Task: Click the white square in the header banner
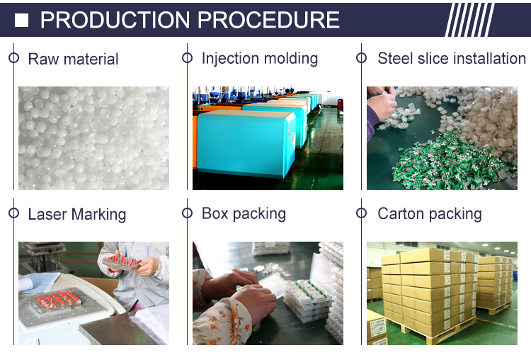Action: tap(21, 20)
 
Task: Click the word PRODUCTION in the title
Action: tap(115, 20)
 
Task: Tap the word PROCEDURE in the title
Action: tap(268, 20)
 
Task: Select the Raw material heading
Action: tap(73, 59)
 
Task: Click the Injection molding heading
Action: tap(260, 58)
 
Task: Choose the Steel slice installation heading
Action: tap(452, 58)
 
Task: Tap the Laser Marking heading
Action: tap(77, 214)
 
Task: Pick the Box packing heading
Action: tap(244, 213)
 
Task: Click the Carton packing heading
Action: tap(430, 213)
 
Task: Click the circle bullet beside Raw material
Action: tap(14, 57)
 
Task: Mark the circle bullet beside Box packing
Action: tap(188, 213)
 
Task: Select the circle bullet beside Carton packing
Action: tap(361, 213)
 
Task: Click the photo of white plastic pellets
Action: tap(93, 138)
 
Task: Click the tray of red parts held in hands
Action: tap(122, 262)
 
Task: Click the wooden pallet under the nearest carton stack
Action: tap(437, 332)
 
